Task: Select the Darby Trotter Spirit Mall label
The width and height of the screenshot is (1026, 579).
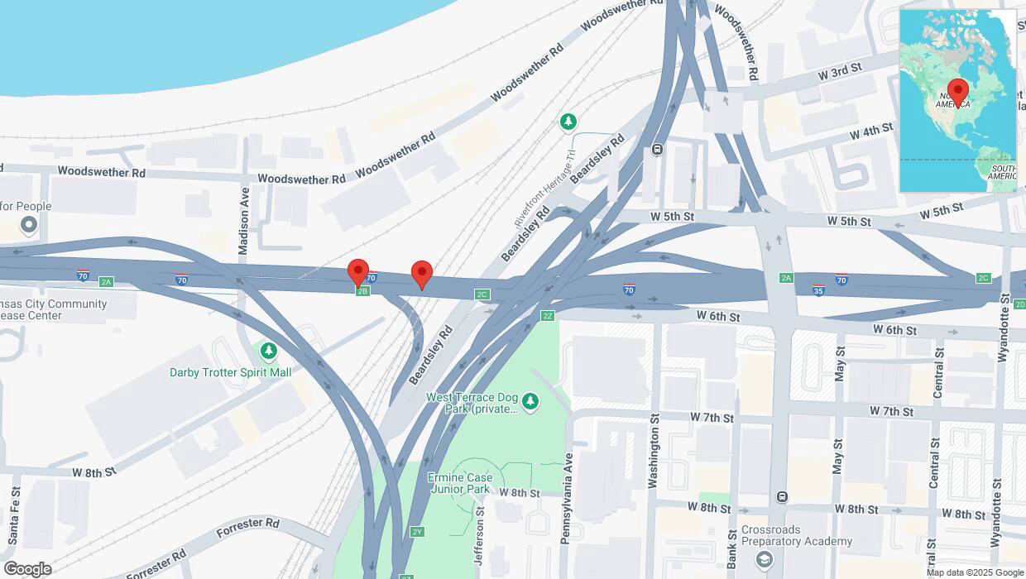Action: click(x=231, y=372)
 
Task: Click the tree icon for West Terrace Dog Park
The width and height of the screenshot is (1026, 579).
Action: click(x=530, y=402)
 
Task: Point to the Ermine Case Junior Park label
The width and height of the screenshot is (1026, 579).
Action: click(x=461, y=483)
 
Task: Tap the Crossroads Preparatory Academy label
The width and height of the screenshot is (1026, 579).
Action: click(x=796, y=535)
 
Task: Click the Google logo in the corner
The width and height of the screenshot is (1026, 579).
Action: click(x=27, y=569)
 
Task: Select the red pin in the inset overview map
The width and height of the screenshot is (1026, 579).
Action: click(x=958, y=92)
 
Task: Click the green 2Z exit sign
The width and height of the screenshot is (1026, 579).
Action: click(x=547, y=316)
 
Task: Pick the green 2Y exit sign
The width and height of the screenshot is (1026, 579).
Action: click(x=417, y=531)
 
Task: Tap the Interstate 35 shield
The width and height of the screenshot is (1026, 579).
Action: click(x=817, y=290)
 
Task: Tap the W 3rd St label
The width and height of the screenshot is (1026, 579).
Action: click(x=840, y=71)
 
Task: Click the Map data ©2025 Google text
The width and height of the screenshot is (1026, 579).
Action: click(x=974, y=572)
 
